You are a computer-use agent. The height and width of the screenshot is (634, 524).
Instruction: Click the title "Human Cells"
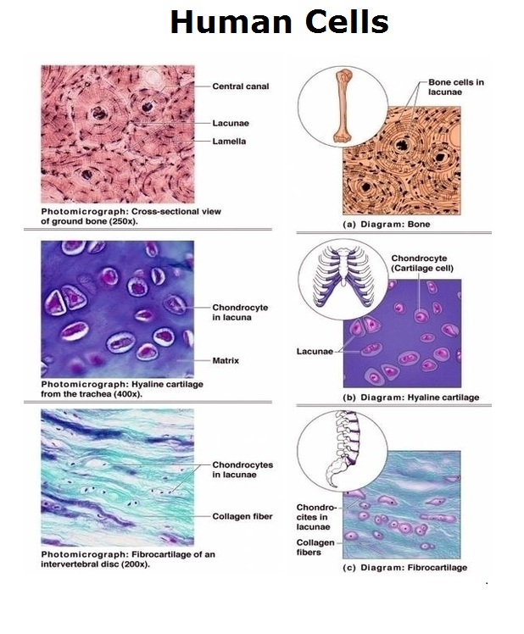279,22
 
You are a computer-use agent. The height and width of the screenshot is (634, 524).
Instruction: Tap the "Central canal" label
240,86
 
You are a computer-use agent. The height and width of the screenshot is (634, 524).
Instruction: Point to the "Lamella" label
229,141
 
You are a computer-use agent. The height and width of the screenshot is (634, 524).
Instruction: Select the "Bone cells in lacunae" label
456,87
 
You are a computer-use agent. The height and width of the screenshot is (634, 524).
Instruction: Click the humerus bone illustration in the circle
343,106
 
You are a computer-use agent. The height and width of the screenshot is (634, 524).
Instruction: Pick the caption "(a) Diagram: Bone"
386,224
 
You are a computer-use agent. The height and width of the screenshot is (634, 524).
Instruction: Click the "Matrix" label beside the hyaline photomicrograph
226,360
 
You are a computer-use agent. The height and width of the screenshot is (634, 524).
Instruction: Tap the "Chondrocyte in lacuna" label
240,312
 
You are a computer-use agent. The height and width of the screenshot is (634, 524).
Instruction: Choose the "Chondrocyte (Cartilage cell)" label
422,263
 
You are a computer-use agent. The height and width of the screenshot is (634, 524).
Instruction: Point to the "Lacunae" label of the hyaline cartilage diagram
315,351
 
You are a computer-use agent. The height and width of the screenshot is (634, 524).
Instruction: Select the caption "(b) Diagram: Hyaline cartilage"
410,397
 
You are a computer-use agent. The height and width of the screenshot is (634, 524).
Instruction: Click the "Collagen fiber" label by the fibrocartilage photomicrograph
242,516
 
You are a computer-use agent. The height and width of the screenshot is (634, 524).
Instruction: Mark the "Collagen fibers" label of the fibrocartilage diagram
315,547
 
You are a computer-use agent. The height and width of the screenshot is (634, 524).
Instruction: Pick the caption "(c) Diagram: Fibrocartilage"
404,567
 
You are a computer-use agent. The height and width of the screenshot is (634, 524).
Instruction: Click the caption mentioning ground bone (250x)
131,216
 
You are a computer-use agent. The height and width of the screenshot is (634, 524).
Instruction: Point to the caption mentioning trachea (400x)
122,388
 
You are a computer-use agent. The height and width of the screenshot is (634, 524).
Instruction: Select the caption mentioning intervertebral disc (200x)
128,559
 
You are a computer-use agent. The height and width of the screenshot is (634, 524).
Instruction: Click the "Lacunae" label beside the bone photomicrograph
231,123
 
